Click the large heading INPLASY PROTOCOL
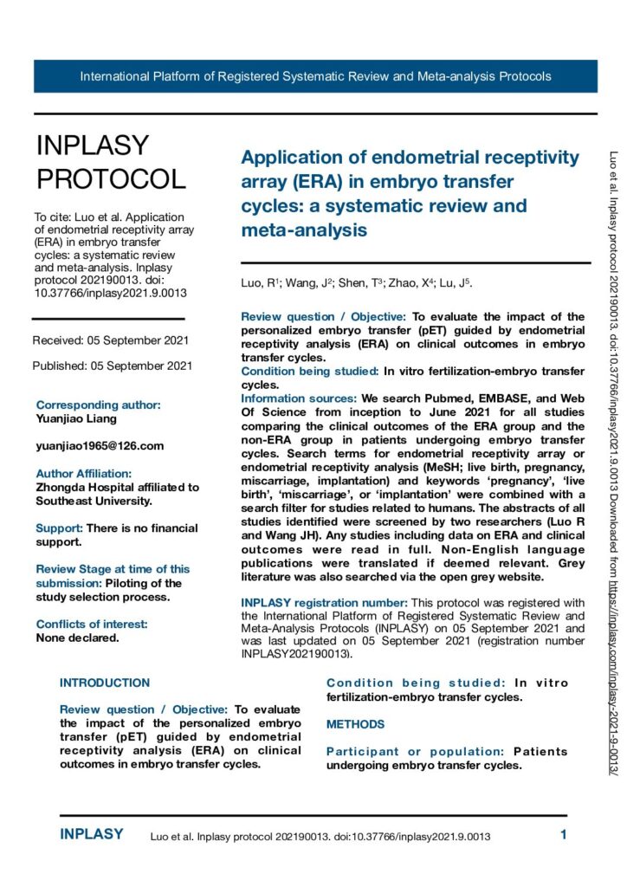point(110,162)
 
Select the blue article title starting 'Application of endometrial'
point(410,194)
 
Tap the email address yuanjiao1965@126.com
point(100,445)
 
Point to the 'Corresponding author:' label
point(98,405)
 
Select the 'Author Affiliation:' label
point(84,474)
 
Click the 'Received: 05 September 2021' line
point(111,340)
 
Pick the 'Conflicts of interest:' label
point(92,624)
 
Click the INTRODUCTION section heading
point(105,683)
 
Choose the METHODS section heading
point(355,724)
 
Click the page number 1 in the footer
point(563,836)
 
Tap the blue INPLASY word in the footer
point(92,835)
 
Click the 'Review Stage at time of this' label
point(113,569)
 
